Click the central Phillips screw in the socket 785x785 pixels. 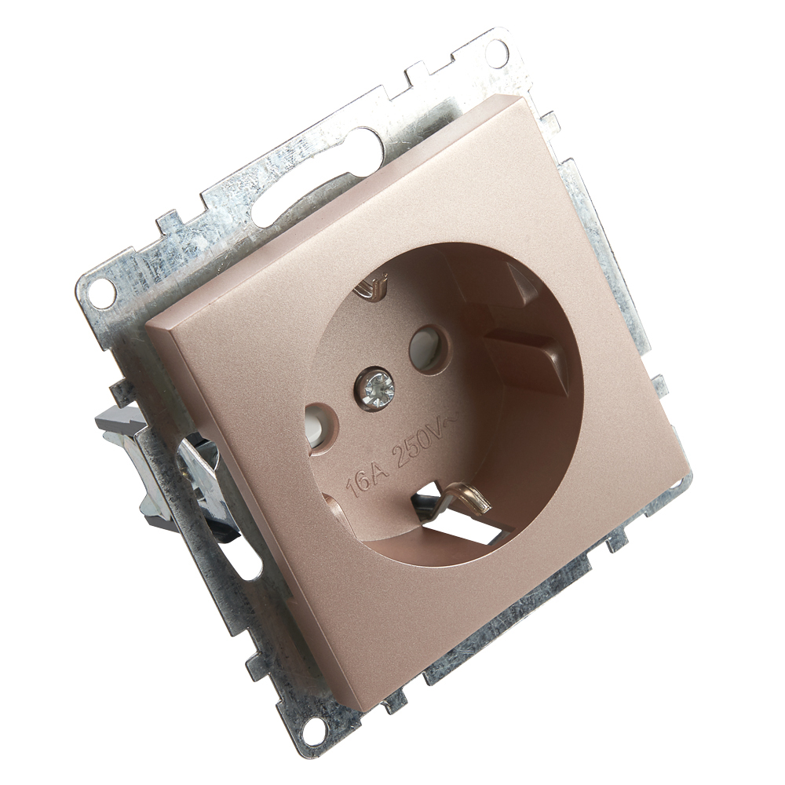pos(375,387)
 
